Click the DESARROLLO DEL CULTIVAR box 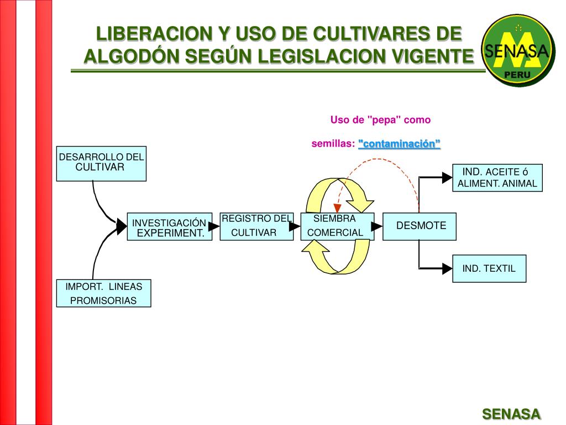pos(101,163)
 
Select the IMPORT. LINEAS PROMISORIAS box pos(103,293)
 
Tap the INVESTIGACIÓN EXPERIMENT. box pos(169,227)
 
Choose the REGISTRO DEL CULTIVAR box pos(256,226)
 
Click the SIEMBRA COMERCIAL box pos(337,226)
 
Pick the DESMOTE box pos(420,226)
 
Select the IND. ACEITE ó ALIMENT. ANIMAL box pos(497,178)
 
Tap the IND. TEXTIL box pos(489,268)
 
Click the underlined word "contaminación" pos(399,144)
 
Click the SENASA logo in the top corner pos(517,50)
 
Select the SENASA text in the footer pos(511,414)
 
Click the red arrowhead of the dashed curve pos(337,208)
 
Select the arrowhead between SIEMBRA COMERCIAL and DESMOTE pos(377,226)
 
